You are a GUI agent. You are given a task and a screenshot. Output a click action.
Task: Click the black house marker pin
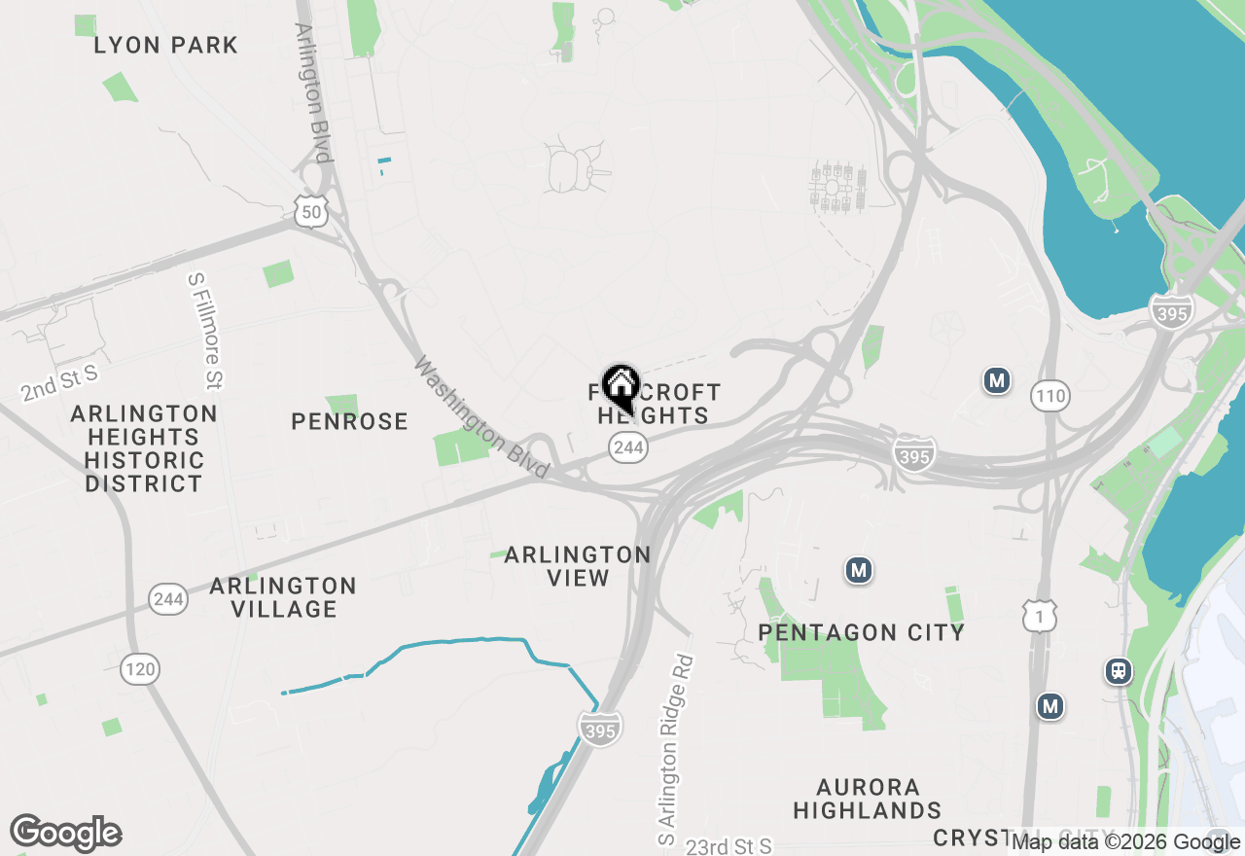(x=621, y=388)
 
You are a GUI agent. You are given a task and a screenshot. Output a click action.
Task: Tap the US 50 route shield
(x=311, y=211)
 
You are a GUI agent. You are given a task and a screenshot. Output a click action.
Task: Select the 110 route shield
(x=1050, y=396)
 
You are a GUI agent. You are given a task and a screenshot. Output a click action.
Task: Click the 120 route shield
(x=140, y=669)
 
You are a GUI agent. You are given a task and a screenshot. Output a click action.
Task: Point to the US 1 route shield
(x=1040, y=615)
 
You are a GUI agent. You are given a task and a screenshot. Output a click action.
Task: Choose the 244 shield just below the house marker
(x=629, y=447)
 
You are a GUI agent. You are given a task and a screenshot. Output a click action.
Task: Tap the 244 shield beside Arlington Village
(x=168, y=598)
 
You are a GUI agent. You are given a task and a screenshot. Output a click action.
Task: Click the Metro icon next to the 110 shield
(x=996, y=380)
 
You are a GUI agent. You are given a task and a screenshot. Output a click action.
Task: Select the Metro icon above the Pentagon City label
(x=857, y=570)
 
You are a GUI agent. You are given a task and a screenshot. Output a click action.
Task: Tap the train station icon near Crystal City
(x=1119, y=670)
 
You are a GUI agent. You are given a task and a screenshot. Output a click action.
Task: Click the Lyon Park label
(x=165, y=45)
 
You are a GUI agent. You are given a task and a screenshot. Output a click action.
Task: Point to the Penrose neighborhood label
(x=349, y=421)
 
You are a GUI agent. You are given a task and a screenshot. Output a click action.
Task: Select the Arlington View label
(x=578, y=566)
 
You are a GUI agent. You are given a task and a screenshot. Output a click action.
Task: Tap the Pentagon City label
(x=861, y=632)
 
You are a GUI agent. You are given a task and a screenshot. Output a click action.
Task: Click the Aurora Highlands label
(x=867, y=798)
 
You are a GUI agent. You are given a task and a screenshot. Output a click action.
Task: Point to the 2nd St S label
(x=59, y=383)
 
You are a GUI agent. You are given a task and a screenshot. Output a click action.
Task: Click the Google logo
(x=65, y=834)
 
